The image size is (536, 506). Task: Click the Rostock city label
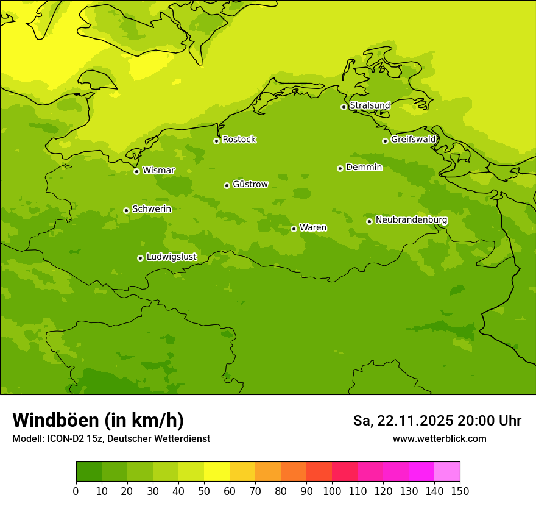click(x=239, y=140)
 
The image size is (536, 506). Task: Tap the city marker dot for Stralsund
click(x=344, y=107)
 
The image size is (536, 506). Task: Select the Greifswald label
click(x=414, y=140)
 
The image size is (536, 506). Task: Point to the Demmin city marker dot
click(x=340, y=168)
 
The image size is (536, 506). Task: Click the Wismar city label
click(x=158, y=171)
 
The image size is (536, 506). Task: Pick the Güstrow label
click(x=250, y=184)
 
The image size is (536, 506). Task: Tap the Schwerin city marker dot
click(x=126, y=210)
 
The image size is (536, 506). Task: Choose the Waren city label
click(x=313, y=228)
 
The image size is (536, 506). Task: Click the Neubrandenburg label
click(x=411, y=220)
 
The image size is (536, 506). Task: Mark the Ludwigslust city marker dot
click(x=140, y=258)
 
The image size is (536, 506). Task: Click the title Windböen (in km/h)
click(x=98, y=420)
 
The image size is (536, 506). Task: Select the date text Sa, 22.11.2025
click(x=403, y=421)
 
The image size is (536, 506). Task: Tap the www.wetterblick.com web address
click(x=439, y=439)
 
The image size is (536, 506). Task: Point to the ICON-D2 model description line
click(x=111, y=439)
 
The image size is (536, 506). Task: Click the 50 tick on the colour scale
click(x=204, y=491)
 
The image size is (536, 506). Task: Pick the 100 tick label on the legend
click(x=332, y=491)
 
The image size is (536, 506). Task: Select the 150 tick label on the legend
click(x=460, y=491)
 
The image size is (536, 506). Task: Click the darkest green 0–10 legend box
click(x=89, y=472)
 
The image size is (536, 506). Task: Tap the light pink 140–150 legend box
click(x=447, y=472)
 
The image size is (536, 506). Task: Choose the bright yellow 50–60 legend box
click(x=217, y=472)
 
